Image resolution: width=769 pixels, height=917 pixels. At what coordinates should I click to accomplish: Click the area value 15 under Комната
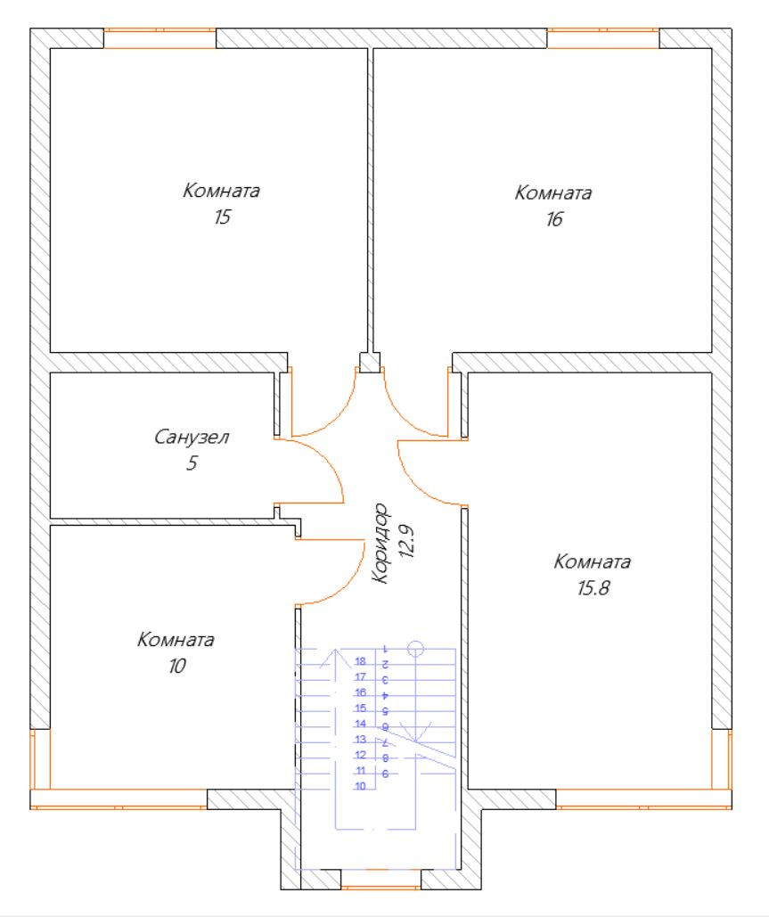pyautogui.click(x=222, y=217)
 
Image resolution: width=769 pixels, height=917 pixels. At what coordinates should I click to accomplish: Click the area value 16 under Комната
pyautogui.click(x=554, y=218)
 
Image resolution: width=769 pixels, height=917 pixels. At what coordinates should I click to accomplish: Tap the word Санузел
pyautogui.click(x=192, y=438)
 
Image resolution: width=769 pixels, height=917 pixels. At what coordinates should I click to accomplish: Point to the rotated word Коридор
pyautogui.click(x=382, y=543)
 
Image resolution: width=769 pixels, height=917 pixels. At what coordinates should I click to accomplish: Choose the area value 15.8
pyautogui.click(x=592, y=587)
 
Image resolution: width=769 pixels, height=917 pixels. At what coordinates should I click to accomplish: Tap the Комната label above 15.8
pyautogui.click(x=593, y=562)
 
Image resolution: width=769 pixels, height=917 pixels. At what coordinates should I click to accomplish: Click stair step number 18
pyautogui.click(x=361, y=662)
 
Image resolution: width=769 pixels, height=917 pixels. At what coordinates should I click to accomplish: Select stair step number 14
pyautogui.click(x=361, y=724)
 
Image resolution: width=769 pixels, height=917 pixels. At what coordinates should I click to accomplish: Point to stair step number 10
pyautogui.click(x=361, y=786)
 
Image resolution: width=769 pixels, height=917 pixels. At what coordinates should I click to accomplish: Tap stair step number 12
pyautogui.click(x=361, y=755)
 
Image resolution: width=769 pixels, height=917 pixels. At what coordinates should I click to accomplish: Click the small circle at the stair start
pyautogui.click(x=415, y=647)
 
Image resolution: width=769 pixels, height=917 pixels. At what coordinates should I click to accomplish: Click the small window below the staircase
pyautogui.click(x=381, y=886)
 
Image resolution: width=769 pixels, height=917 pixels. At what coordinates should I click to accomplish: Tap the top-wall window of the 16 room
pyautogui.click(x=602, y=38)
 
